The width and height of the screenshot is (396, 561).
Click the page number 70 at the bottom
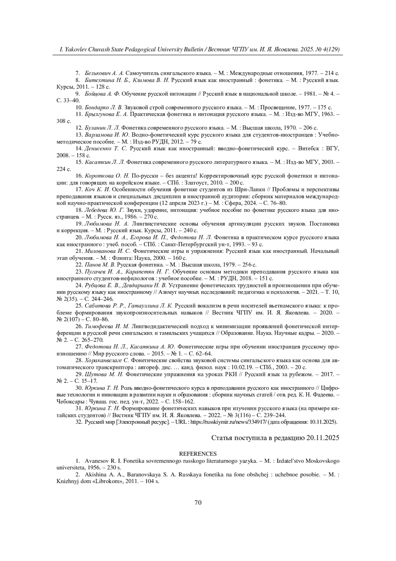[x=198, y=503]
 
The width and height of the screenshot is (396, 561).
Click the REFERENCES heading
[x=198, y=454]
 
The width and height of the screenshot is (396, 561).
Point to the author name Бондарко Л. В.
[x=104, y=107]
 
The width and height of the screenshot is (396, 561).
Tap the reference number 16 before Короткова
[x=79, y=176]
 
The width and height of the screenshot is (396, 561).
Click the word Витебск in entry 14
[x=310, y=148]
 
